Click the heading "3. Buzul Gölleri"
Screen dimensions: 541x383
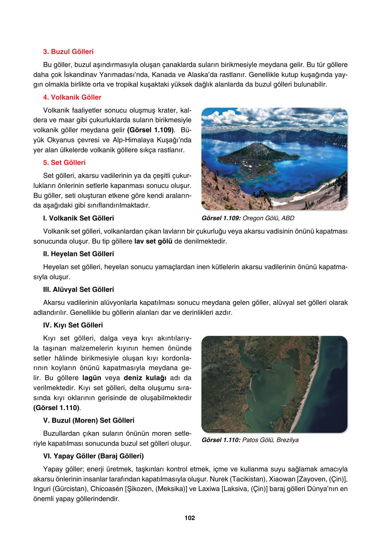pos(68,52)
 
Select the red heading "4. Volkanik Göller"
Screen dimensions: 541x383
pos(72,97)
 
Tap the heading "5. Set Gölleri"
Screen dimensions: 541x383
pos(64,163)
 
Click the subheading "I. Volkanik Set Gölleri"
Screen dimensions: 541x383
pos(79,218)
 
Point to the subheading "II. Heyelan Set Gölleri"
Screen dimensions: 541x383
pos(79,254)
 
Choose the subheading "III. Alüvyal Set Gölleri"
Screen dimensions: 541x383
pos(79,289)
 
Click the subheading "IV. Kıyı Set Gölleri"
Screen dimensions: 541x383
pos(73,325)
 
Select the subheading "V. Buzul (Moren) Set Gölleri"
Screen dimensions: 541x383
pos(89,420)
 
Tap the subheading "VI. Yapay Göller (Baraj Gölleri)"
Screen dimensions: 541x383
pos(94,456)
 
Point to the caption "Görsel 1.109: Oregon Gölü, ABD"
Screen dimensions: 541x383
pos(248,219)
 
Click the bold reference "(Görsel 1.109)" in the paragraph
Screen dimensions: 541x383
pos(151,129)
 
